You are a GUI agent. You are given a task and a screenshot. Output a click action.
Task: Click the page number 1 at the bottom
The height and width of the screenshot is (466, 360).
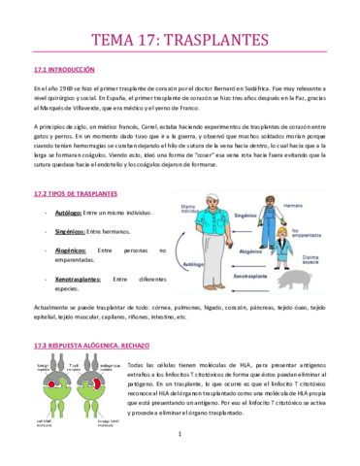180,446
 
